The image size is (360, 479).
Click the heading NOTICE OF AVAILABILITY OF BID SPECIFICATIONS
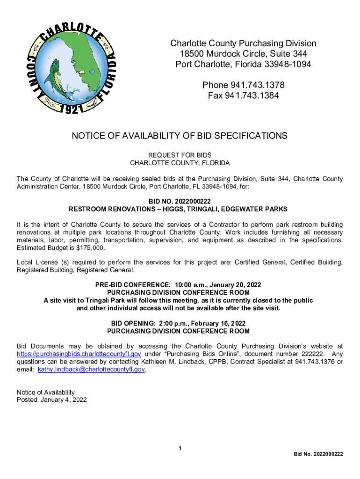(x=180, y=136)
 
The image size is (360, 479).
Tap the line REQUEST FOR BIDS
(x=180, y=155)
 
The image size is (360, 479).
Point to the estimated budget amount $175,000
(x=90, y=248)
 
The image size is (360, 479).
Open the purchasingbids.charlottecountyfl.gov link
(x=79, y=354)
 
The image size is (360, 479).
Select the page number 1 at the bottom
(x=180, y=449)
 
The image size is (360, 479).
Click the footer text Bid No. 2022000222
(x=318, y=454)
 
